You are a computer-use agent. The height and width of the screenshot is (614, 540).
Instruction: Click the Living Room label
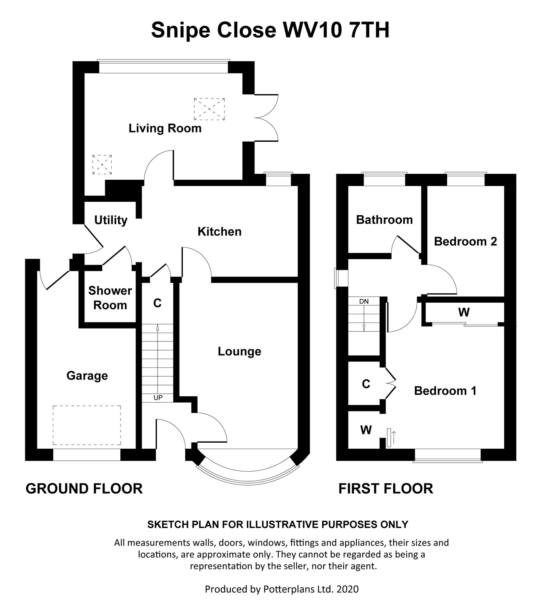(x=165, y=128)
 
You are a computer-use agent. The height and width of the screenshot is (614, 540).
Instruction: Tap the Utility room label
(x=111, y=220)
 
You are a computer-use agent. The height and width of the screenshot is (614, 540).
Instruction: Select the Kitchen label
(x=220, y=232)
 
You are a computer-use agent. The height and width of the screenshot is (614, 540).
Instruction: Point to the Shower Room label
(x=110, y=298)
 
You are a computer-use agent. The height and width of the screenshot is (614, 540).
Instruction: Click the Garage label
(x=87, y=376)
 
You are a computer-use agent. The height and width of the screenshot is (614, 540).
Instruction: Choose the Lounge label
(x=239, y=351)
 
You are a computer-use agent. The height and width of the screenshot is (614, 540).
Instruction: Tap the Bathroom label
(x=384, y=220)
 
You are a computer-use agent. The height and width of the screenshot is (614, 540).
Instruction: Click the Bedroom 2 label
(x=465, y=242)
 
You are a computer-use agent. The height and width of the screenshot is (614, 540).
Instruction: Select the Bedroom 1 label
(x=445, y=391)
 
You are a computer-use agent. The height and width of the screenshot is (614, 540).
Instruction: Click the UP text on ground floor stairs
(x=158, y=398)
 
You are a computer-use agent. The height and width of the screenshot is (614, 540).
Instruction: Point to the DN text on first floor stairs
(x=364, y=301)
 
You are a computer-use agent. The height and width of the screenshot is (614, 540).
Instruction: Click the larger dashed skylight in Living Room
(x=209, y=109)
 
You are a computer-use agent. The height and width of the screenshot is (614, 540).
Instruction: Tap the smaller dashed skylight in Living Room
(x=102, y=165)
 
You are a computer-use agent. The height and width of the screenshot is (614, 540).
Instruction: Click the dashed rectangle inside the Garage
(x=87, y=425)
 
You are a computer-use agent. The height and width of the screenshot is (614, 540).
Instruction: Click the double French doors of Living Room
(x=266, y=118)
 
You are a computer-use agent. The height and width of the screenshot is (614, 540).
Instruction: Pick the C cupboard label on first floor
(x=366, y=384)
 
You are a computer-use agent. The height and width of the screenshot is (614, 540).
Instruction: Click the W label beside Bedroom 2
(x=464, y=312)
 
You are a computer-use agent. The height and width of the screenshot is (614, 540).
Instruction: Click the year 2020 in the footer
(x=348, y=589)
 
